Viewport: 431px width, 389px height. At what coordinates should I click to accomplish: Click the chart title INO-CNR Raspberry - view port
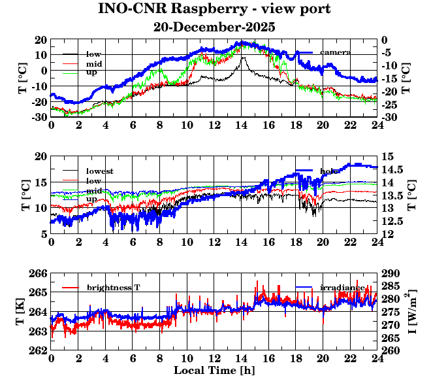tap(214, 10)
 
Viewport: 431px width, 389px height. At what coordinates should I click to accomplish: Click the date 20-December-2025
tap(214, 27)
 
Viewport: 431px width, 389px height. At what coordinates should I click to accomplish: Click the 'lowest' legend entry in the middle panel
tap(100, 171)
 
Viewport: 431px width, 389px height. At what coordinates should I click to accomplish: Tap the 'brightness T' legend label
tap(114, 288)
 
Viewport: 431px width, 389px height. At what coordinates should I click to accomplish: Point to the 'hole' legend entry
tap(329, 171)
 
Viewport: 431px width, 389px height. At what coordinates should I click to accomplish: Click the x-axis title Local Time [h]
tap(214, 371)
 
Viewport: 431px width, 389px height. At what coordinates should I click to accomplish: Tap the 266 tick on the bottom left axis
tap(39, 273)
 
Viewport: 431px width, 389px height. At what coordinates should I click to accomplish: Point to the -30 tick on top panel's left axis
tap(38, 117)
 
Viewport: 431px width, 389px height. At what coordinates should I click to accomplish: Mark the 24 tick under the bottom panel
tap(377, 359)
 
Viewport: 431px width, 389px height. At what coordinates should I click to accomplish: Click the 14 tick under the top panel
tap(241, 126)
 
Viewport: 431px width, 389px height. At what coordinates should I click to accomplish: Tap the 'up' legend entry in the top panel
tap(92, 72)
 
